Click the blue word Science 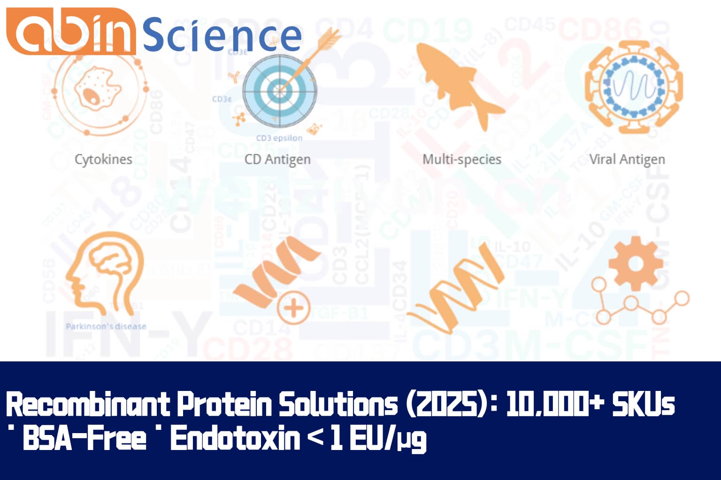point(222,35)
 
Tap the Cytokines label point(103,159)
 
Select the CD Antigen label point(277,159)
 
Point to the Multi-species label point(462,159)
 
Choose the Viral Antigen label point(627,159)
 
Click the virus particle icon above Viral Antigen point(633,87)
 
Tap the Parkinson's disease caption point(106,326)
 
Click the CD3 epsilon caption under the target point(279,138)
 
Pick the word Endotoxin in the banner point(235,439)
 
